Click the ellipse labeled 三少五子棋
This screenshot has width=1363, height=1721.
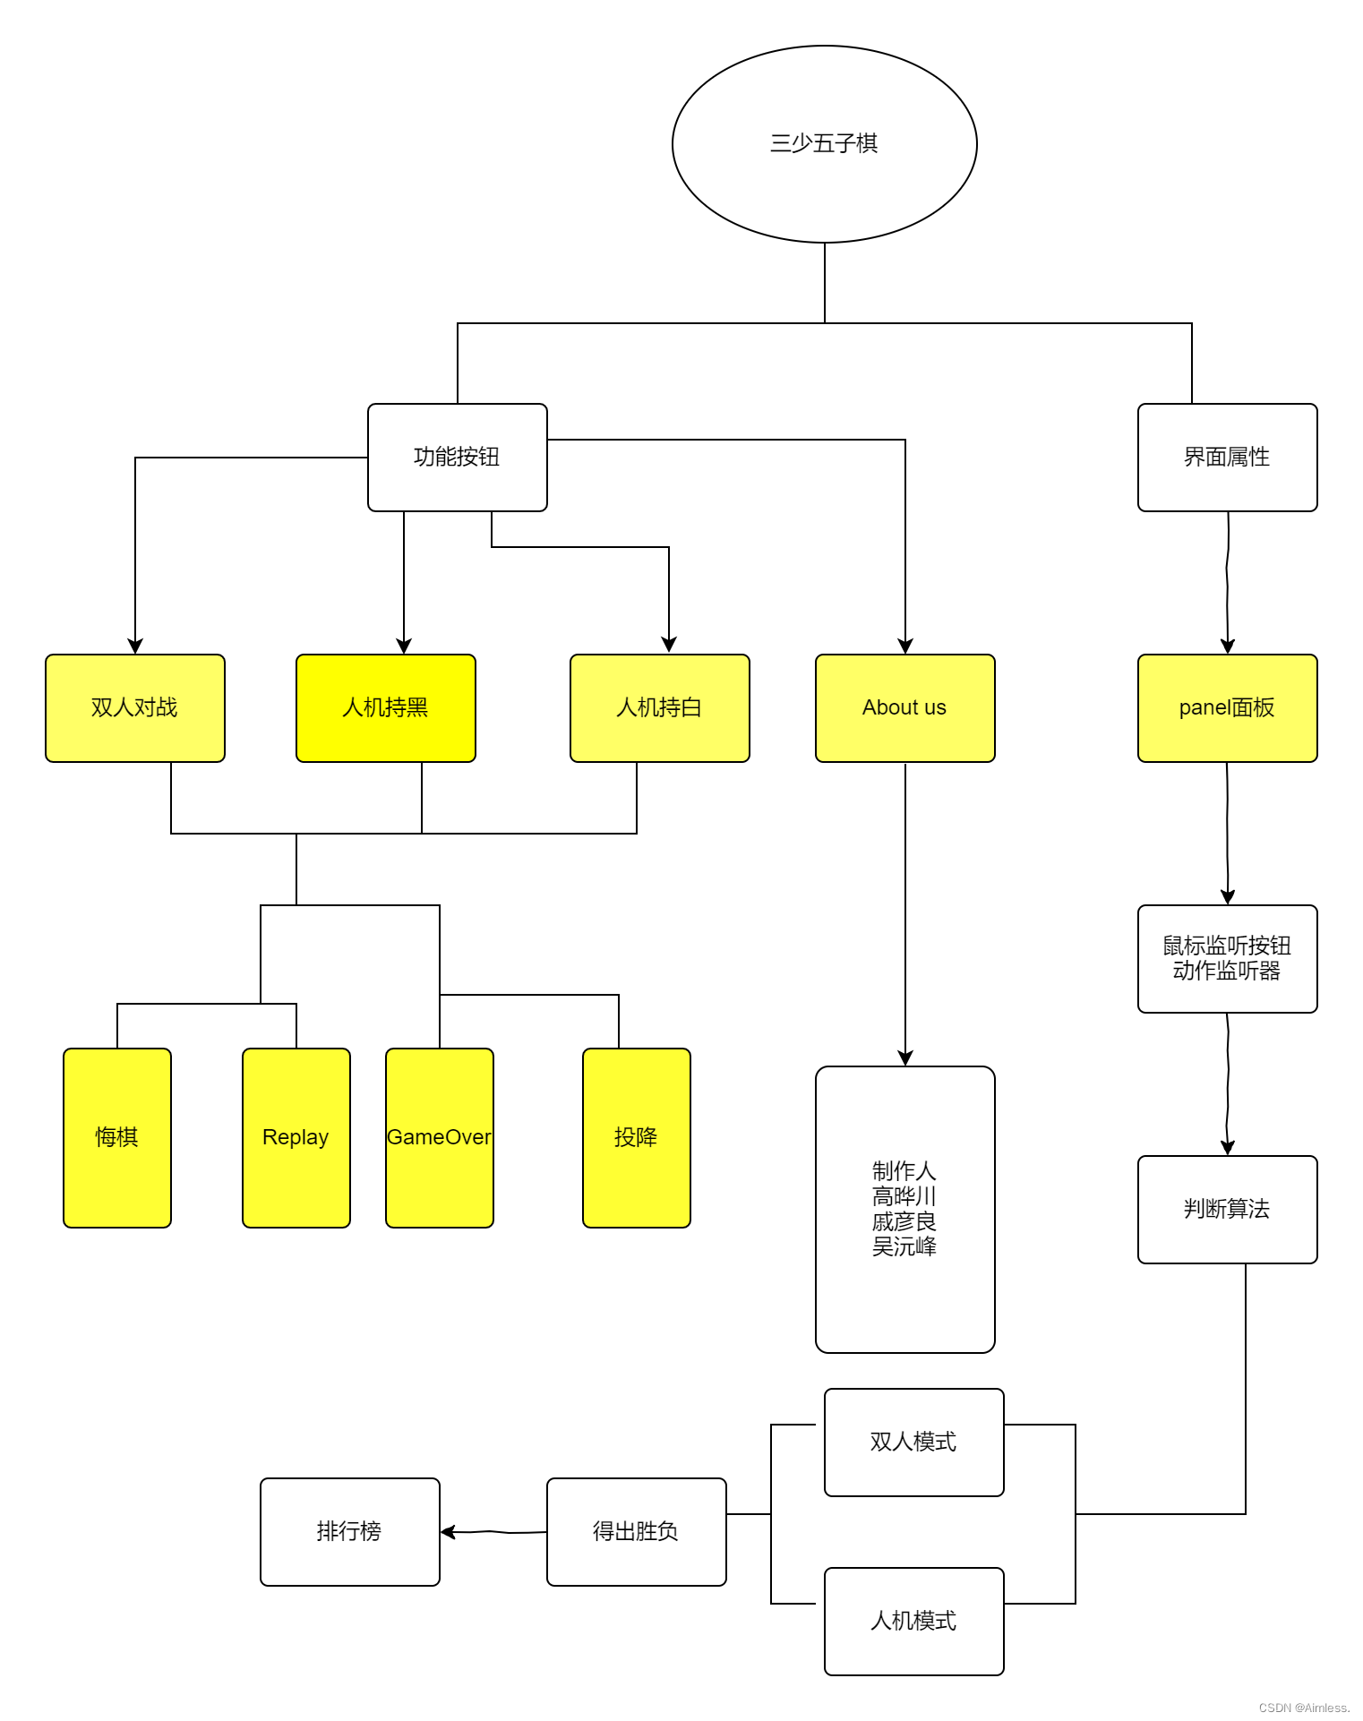pyautogui.click(x=824, y=143)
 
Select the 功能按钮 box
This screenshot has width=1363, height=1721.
pyautogui.click(x=457, y=457)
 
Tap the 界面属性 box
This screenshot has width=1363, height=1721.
pyautogui.click(x=1227, y=457)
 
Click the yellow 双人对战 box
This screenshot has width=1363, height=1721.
pyautogui.click(x=134, y=707)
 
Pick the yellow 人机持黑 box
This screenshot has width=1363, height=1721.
pyautogui.click(x=385, y=707)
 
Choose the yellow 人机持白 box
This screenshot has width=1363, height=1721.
pyautogui.click(x=659, y=707)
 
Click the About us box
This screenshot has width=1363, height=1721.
pyautogui.click(x=904, y=707)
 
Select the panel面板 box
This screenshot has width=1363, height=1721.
pyautogui.click(x=1227, y=707)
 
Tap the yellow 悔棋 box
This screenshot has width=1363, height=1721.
pyautogui.click(x=116, y=1137)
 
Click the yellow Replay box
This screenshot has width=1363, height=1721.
pyautogui.click(x=296, y=1137)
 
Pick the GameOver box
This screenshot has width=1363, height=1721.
pyautogui.click(x=439, y=1137)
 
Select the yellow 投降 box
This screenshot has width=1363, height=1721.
pyautogui.click(x=636, y=1137)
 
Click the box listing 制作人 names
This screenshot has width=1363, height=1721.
pyautogui.click(x=904, y=1209)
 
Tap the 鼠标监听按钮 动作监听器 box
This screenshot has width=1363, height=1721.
pyautogui.click(x=1227, y=958)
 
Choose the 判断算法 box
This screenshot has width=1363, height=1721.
pyautogui.click(x=1227, y=1209)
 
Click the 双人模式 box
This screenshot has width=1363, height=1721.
pyautogui.click(x=913, y=1442)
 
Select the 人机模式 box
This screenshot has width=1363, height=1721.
pyautogui.click(x=913, y=1621)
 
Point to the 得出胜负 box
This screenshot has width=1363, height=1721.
pyautogui.click(x=636, y=1531)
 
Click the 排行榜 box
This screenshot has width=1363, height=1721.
pyautogui.click(x=349, y=1531)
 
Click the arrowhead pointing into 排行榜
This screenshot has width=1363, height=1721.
pyautogui.click(x=448, y=1532)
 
